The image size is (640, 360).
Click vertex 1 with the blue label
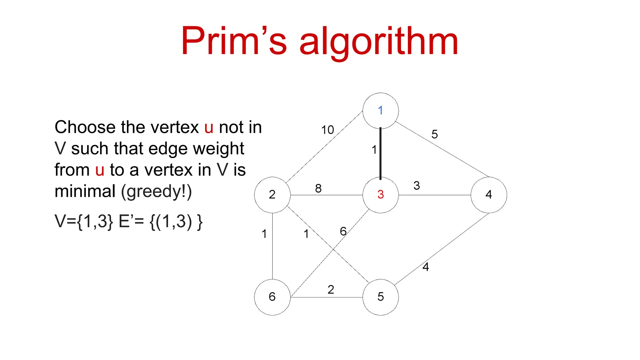click(x=380, y=111)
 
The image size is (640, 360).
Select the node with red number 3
click(x=380, y=195)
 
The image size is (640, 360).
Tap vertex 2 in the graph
click(x=272, y=195)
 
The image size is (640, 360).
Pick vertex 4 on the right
click(x=489, y=195)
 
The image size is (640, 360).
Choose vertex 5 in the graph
click(x=380, y=297)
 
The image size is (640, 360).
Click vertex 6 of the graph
click(x=272, y=297)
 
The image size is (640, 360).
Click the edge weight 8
click(x=318, y=188)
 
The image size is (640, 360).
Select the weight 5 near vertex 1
click(x=434, y=134)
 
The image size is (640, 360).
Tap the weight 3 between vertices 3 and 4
click(x=417, y=186)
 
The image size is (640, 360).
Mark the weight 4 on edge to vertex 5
click(x=426, y=267)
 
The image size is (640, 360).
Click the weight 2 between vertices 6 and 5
click(x=331, y=290)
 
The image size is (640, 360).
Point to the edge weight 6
click(x=343, y=232)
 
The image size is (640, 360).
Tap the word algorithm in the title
click(x=378, y=42)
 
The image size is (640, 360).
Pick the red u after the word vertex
click(x=209, y=127)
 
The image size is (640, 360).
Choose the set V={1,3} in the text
click(x=84, y=221)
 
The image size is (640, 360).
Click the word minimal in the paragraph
click(x=85, y=191)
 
